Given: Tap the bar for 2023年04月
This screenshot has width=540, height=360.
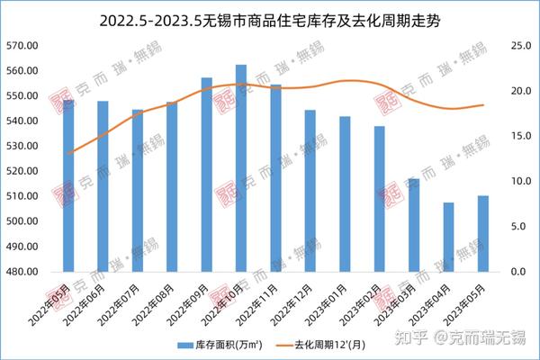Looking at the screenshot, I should coord(448,237).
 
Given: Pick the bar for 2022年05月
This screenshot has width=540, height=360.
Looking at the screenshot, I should coord(68,185).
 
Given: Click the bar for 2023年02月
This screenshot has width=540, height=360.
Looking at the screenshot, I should coord(379,199).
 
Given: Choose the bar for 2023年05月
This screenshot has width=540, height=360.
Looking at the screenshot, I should coord(483,233).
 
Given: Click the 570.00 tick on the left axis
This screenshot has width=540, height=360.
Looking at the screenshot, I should coord(31,45).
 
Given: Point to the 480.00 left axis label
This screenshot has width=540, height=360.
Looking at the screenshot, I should coord(31,272).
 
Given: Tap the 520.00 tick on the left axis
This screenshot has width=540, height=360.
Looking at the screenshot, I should coord(31,171).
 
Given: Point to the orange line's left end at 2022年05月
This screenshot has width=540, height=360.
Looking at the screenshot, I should coord(68,154).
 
